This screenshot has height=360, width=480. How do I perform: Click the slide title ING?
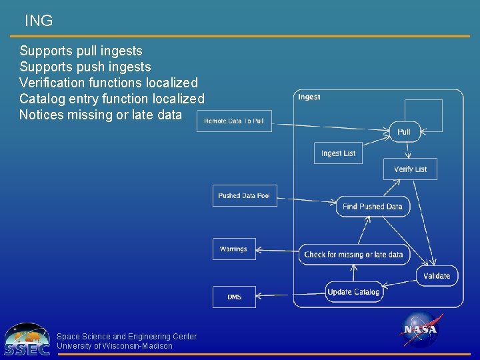(38, 21)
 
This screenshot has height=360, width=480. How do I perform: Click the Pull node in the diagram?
(404, 131)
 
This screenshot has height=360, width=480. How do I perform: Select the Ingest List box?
(338, 153)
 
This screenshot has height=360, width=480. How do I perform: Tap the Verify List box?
(410, 169)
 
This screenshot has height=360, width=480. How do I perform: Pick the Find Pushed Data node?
(373, 206)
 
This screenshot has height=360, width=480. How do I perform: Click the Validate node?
(437, 275)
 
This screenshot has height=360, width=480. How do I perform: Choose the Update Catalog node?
(353, 291)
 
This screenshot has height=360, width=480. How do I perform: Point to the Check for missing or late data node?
(353, 254)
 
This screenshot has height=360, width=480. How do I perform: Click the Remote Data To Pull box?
(234, 121)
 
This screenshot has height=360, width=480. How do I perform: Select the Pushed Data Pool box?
(244, 195)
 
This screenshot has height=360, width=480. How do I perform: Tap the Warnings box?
(233, 249)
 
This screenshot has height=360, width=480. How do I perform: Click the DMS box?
(234, 297)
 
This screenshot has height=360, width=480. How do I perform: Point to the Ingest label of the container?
(309, 97)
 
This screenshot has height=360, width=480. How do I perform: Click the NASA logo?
(420, 329)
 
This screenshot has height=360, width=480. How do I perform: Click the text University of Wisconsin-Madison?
(115, 346)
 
